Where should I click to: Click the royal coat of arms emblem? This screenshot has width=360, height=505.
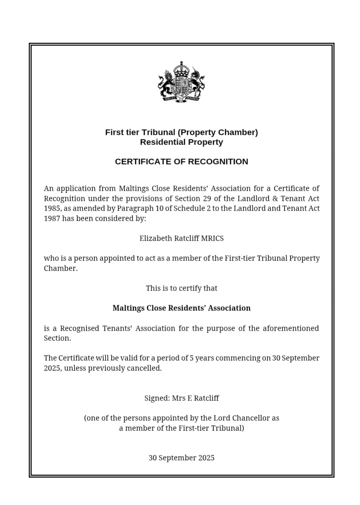pyautogui.click(x=181, y=82)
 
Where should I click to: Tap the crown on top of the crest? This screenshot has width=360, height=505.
pyautogui.click(x=181, y=67)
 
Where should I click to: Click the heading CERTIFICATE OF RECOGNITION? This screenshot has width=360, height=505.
pyautogui.click(x=181, y=161)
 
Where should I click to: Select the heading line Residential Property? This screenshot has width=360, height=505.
pyautogui.click(x=181, y=142)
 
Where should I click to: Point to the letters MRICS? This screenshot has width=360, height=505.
pyautogui.click(x=212, y=238)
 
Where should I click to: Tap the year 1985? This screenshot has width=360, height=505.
pyautogui.click(x=52, y=208)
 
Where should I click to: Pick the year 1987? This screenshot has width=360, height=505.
pyautogui.click(x=52, y=219)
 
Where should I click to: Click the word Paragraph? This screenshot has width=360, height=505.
pyautogui.click(x=133, y=208)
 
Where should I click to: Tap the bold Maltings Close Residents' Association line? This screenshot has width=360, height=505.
pyautogui.click(x=181, y=308)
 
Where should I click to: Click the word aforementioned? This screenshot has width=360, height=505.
pyautogui.click(x=290, y=328)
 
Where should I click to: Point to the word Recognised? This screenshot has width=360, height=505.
pyautogui.click(x=80, y=328)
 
